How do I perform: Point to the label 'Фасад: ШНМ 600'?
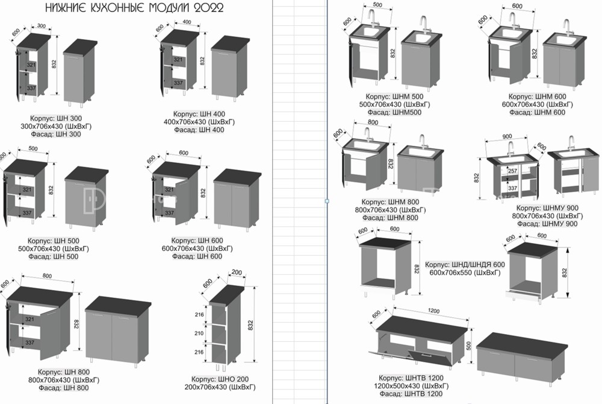point(537,112)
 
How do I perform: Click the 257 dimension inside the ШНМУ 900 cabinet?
point(512,171)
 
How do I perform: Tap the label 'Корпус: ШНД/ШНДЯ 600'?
point(465,265)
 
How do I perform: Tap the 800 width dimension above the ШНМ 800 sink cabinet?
point(373,122)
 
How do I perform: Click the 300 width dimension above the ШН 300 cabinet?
point(42,27)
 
